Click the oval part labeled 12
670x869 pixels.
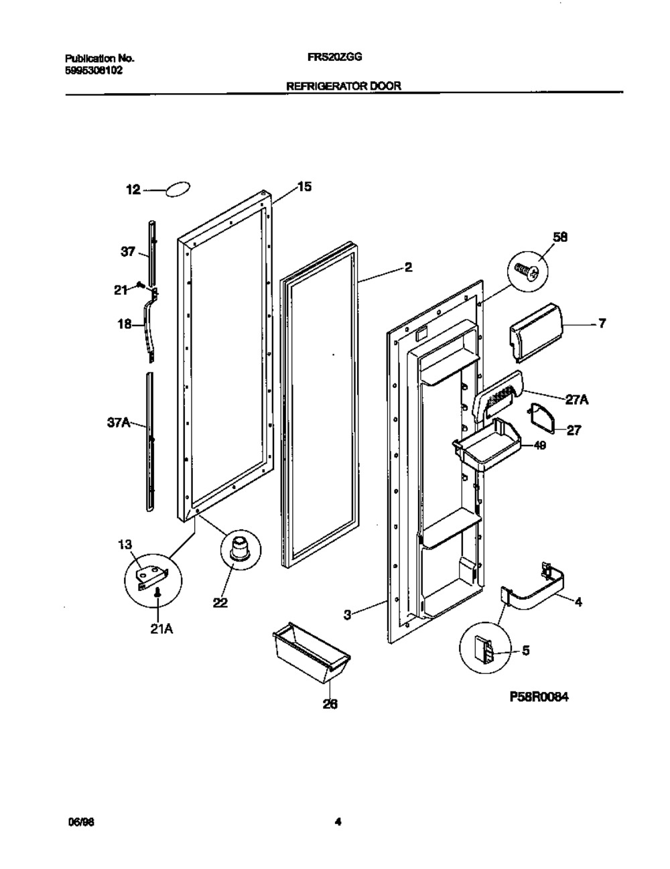pos(177,190)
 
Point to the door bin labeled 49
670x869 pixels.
pos(484,444)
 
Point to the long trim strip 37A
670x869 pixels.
pos(151,442)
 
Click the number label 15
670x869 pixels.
pos(304,187)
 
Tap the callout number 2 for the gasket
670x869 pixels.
pos(408,268)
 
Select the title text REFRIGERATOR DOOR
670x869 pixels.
pos(344,86)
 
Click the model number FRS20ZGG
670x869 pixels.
pos(334,58)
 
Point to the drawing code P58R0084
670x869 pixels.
pos(538,697)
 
